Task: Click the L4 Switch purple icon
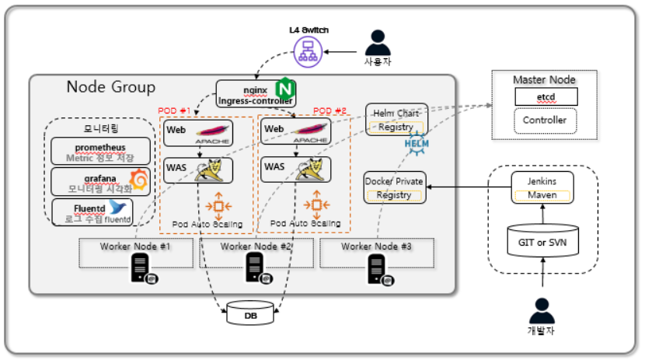[x=308, y=51]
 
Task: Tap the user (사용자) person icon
[x=378, y=42]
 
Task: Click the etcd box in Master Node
[x=546, y=97]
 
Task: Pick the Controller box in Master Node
[x=546, y=121]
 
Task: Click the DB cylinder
[x=249, y=313]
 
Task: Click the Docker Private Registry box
[x=394, y=188]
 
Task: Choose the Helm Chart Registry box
[x=396, y=120]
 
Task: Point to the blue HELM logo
[x=417, y=144]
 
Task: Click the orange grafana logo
[x=139, y=180]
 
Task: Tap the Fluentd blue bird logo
[x=118, y=207]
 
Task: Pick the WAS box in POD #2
[x=295, y=170]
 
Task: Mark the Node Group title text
[x=110, y=87]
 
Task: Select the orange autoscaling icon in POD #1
[x=218, y=205]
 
